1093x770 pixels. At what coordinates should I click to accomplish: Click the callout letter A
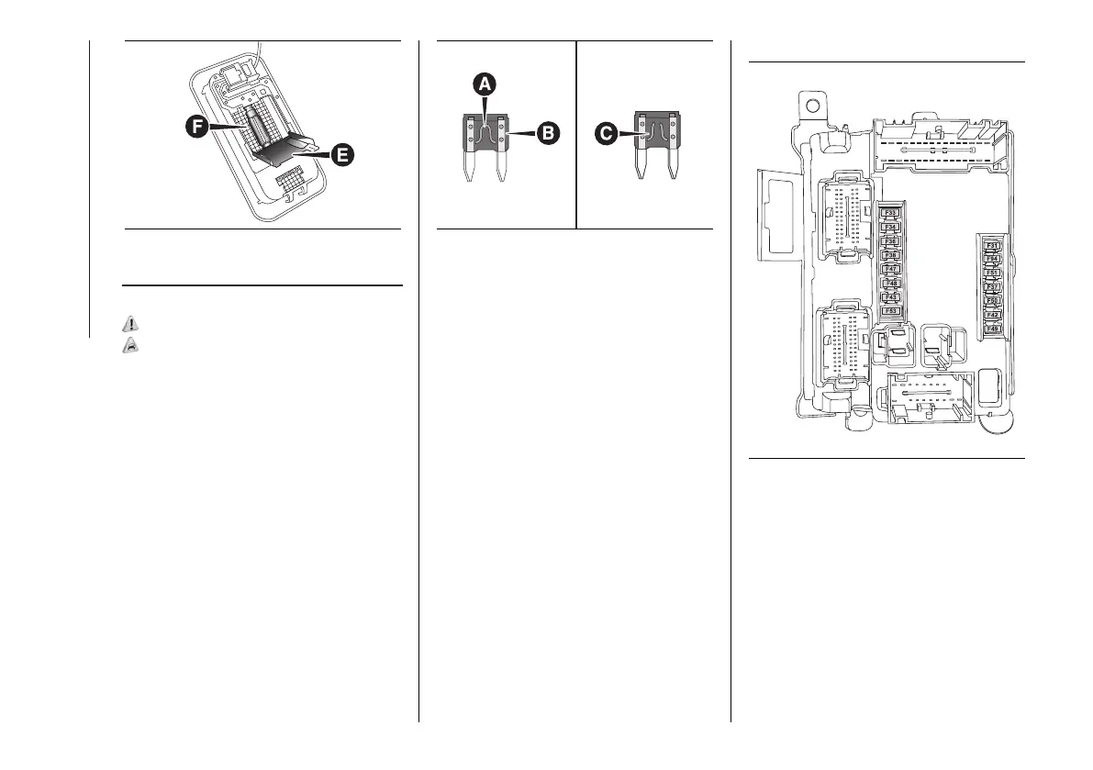(x=485, y=84)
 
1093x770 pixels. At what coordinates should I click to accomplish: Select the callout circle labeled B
(x=547, y=133)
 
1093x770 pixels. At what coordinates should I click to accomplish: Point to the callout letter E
(x=341, y=156)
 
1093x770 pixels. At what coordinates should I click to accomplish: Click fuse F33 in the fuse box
(x=890, y=214)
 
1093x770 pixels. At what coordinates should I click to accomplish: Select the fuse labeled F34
(x=890, y=228)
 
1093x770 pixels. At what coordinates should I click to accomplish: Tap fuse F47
(x=890, y=269)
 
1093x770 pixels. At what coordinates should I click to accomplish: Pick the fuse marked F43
(x=890, y=297)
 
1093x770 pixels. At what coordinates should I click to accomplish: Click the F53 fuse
(x=890, y=311)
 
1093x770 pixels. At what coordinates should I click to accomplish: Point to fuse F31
(x=992, y=245)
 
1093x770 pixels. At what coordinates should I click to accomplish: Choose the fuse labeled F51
(x=992, y=273)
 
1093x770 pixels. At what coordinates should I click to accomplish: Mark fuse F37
(x=992, y=286)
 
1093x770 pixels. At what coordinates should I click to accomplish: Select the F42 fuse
(x=992, y=314)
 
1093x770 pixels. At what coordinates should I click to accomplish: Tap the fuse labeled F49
(x=992, y=328)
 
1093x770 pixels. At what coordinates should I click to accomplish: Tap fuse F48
(x=890, y=284)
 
